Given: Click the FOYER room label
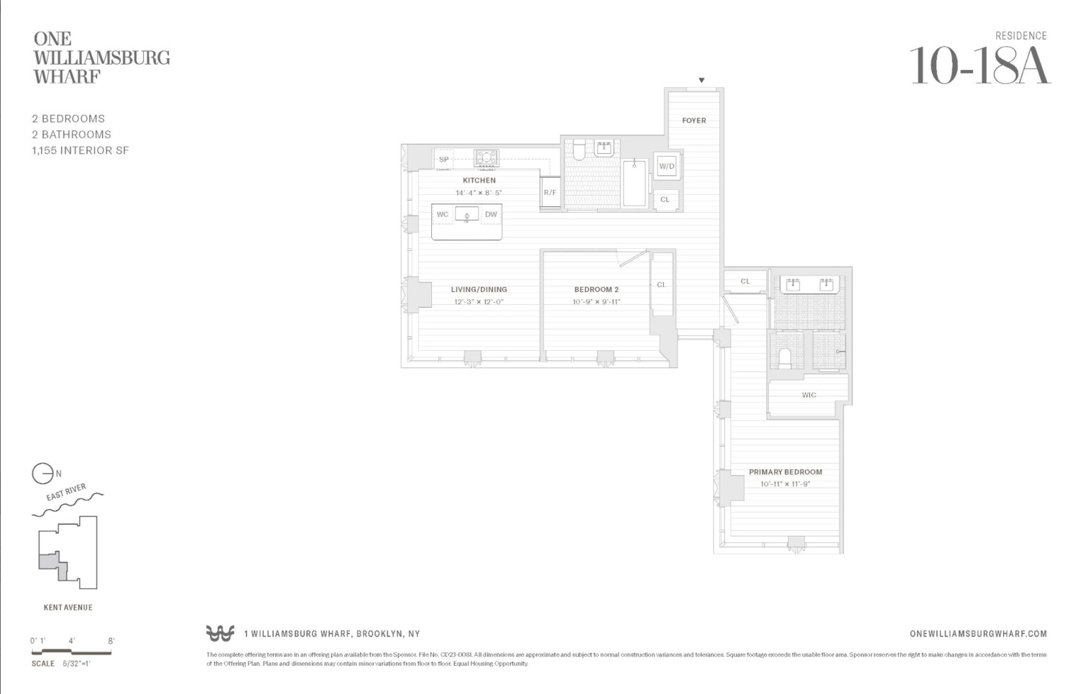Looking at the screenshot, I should click(694, 121).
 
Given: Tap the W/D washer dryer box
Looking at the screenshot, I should click(667, 167).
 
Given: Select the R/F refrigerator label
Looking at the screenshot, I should click(550, 193).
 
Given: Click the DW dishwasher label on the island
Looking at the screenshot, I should click(491, 214).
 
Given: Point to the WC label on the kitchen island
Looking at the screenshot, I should click(443, 214).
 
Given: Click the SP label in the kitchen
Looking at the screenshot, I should click(443, 160).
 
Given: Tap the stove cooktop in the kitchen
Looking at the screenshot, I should click(487, 158).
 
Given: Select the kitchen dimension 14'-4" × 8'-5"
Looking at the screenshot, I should click(479, 193).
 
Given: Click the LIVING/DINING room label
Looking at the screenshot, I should click(479, 290).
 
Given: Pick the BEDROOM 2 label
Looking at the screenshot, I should click(596, 290).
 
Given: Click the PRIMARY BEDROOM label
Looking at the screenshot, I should click(785, 472).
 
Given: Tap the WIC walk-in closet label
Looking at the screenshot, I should click(808, 395).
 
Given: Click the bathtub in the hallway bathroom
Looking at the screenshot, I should click(634, 183).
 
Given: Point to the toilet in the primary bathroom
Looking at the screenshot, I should click(785, 357).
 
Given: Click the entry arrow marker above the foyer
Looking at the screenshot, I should click(701, 81).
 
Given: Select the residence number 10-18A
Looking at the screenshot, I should click(980, 66).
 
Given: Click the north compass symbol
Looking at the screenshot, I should click(42, 473).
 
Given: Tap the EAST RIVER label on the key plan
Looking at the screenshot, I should click(66, 493).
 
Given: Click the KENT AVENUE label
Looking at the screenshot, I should click(68, 608).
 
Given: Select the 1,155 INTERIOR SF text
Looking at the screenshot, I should click(80, 150).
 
